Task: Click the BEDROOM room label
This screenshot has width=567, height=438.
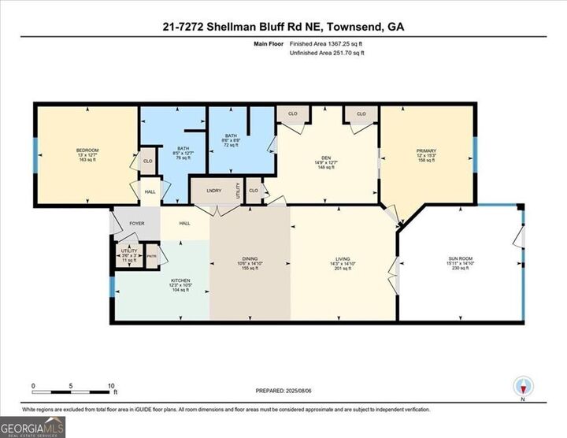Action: (87, 150)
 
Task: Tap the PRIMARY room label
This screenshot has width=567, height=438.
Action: (426, 149)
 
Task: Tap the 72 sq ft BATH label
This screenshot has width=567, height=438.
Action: (231, 136)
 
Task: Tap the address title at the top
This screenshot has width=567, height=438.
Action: (283, 26)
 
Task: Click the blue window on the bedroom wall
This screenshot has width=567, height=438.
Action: (35, 154)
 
